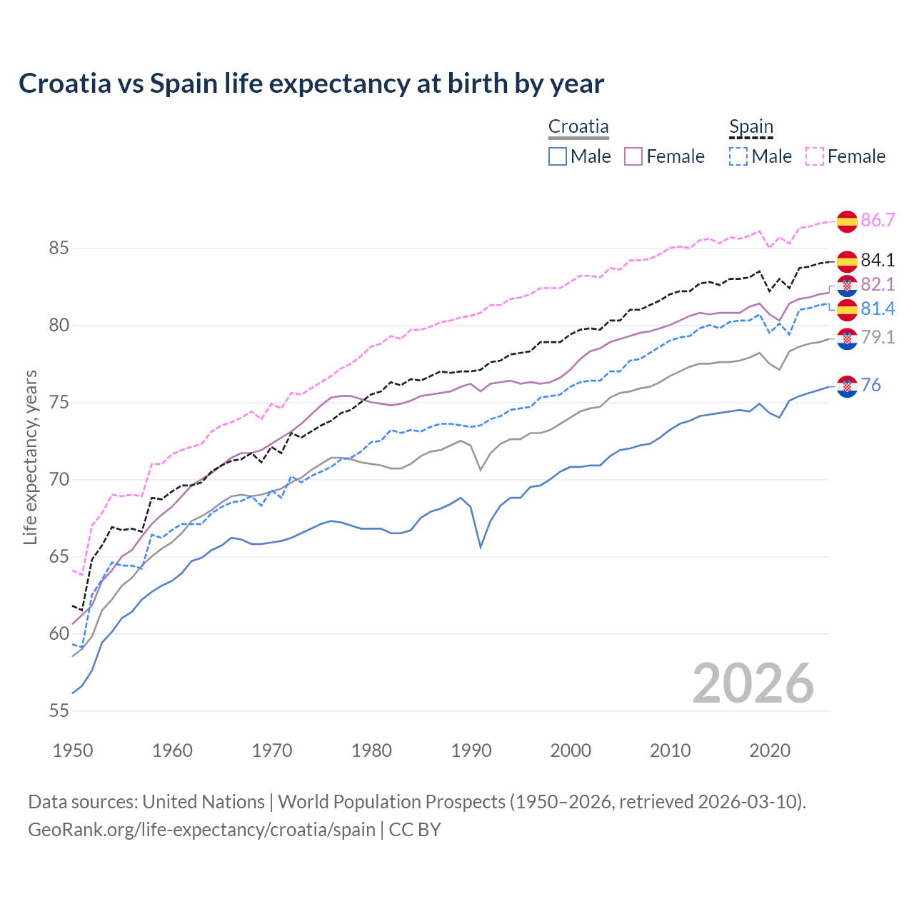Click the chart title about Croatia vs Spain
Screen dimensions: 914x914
[x=311, y=84]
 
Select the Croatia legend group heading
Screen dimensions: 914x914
[x=578, y=127]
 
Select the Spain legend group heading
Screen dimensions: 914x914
[x=750, y=127]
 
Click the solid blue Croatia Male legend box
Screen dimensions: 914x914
[x=558, y=156]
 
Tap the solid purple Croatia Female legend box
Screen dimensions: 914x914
[x=633, y=156]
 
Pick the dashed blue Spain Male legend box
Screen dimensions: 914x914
[x=738, y=156]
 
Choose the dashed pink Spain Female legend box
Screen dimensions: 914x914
[x=815, y=156]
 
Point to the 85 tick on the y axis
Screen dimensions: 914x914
[x=59, y=248]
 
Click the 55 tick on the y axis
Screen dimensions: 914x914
[x=59, y=710]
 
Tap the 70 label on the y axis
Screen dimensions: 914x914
[x=59, y=479]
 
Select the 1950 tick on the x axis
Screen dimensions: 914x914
[x=73, y=750]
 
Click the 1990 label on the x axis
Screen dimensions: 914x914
[x=471, y=750]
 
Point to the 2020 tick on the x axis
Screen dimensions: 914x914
[x=770, y=750]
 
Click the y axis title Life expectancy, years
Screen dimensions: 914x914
[x=31, y=457]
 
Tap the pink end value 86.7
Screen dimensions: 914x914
[x=878, y=220]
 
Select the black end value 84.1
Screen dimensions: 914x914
[x=878, y=260]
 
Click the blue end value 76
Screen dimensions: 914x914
[x=870, y=385]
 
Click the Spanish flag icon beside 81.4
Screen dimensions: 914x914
[x=847, y=310]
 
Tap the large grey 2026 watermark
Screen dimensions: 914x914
[x=753, y=683]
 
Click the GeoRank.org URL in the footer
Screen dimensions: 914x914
[x=201, y=830]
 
